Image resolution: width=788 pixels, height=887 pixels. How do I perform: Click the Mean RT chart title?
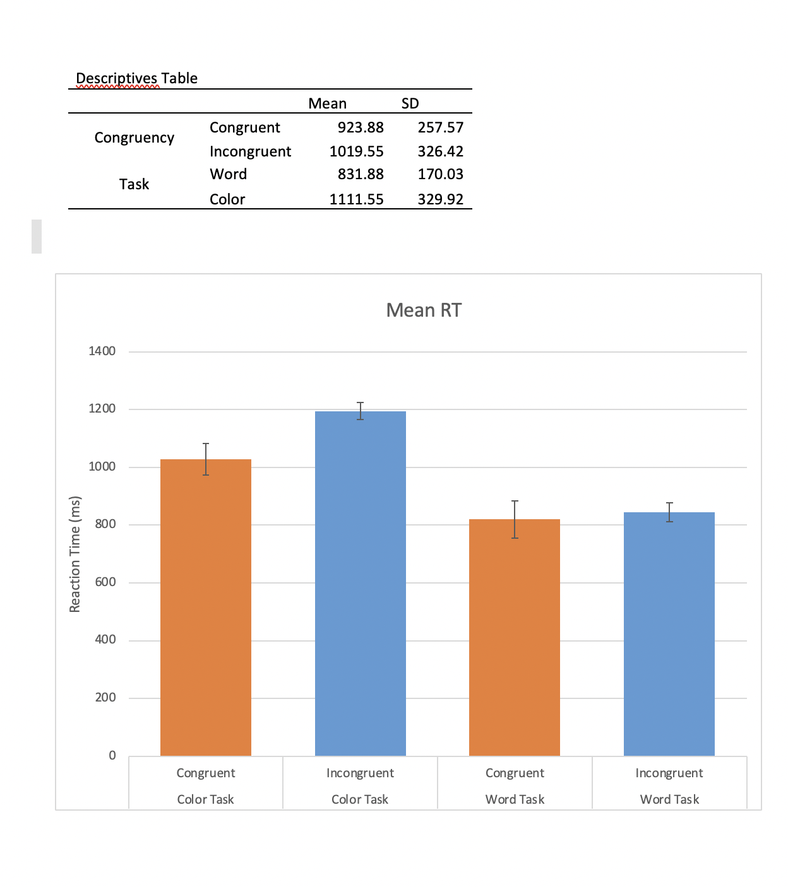click(424, 310)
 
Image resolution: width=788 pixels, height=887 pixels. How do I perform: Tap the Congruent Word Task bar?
click(515, 637)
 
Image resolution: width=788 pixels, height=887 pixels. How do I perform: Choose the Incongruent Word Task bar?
click(669, 633)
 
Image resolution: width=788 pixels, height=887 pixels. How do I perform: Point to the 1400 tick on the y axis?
click(102, 351)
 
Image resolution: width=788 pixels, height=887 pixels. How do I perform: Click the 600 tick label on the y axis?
click(105, 582)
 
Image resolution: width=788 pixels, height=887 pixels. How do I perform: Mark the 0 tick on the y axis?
click(112, 755)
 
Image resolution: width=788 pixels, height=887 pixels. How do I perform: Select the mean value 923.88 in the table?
click(361, 127)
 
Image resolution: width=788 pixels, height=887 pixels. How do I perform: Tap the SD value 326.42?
click(440, 151)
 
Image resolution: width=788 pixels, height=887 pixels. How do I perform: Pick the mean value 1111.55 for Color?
click(356, 199)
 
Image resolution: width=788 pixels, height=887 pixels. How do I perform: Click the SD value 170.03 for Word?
click(440, 174)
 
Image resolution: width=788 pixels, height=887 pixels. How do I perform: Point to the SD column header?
click(410, 103)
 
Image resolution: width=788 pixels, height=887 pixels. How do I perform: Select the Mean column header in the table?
click(327, 103)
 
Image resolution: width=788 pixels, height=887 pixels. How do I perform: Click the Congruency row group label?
click(134, 138)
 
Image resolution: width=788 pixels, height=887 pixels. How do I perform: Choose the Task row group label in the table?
click(134, 184)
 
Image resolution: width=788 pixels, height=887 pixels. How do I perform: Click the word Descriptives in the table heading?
click(117, 78)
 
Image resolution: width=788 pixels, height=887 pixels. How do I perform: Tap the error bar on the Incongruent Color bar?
click(360, 410)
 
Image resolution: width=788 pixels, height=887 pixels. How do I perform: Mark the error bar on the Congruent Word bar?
click(515, 519)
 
